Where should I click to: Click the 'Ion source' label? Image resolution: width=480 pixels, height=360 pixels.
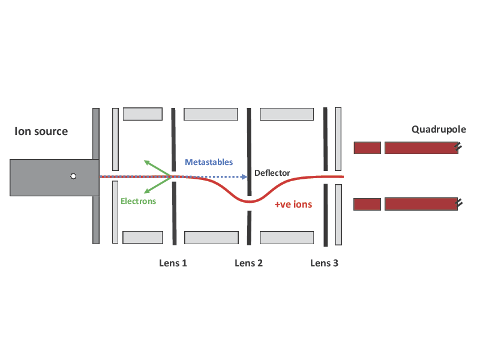[41, 131]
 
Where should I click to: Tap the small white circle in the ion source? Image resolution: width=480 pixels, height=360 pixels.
[73, 176]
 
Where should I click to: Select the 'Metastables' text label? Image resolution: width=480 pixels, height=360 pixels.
[208, 163]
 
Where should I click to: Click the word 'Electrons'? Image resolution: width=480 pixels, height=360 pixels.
[138, 202]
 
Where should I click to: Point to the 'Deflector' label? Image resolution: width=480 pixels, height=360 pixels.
[272, 173]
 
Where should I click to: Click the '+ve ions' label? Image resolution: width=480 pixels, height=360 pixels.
[293, 205]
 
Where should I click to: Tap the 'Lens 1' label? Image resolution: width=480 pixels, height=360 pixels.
[173, 263]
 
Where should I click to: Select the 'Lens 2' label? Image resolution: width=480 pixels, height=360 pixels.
[248, 263]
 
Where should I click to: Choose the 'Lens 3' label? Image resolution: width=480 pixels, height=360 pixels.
[324, 263]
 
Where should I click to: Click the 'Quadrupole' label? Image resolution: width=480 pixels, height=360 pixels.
[439, 130]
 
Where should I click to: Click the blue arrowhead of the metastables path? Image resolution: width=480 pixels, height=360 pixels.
[244, 177]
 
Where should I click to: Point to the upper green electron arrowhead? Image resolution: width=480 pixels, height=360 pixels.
[146, 162]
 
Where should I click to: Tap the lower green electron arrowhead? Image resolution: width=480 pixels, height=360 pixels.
[146, 192]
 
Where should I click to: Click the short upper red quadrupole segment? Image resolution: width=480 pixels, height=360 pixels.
[367, 148]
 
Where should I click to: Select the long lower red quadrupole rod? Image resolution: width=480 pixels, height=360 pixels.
[421, 204]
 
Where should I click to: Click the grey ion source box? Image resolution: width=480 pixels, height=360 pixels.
[54, 177]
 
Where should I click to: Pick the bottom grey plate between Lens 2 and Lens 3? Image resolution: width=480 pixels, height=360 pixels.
[286, 237]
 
